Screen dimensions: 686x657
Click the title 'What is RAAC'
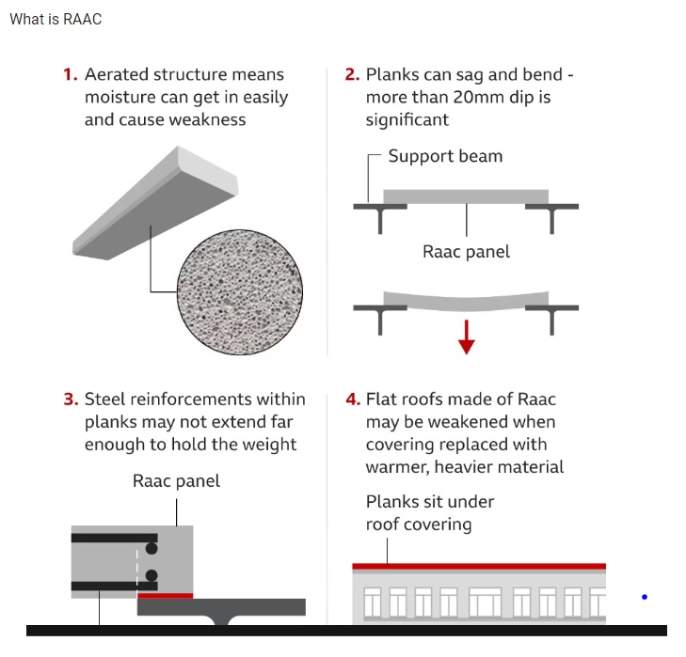point(56,19)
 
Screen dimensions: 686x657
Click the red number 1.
point(70,74)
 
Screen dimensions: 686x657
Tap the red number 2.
point(352,74)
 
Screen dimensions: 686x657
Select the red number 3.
point(71,399)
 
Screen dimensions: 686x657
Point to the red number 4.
point(353,399)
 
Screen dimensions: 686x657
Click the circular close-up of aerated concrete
point(240,292)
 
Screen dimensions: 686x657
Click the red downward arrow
point(467,336)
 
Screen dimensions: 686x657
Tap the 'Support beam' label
point(445,156)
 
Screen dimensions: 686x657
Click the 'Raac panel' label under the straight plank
point(467,252)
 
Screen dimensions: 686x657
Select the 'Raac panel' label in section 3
point(176,481)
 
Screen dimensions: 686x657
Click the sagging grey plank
point(466,301)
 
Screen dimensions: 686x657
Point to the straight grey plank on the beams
point(466,196)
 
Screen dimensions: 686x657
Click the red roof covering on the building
point(479,566)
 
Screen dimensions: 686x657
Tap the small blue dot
point(644,597)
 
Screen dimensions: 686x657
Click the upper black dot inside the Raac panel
point(152,548)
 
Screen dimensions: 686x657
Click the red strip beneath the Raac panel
point(165,595)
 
